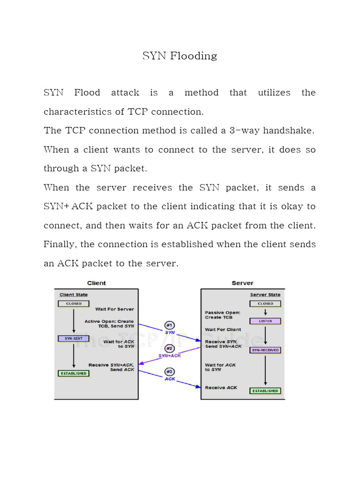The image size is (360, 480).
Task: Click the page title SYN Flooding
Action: (180, 56)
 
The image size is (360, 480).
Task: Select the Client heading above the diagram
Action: (97, 283)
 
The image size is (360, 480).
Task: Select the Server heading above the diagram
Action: (242, 283)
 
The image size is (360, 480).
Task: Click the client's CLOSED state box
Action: (74, 303)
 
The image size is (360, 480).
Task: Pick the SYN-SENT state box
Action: (74, 338)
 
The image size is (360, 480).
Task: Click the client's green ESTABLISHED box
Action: (74, 373)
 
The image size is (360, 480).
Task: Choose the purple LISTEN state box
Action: (265, 321)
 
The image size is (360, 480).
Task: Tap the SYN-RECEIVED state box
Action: (265, 350)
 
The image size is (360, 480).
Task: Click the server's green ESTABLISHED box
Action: (265, 390)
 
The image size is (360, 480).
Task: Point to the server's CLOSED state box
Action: (265, 304)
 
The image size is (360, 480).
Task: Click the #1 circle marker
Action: (169, 325)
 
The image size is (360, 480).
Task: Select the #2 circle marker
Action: (169, 349)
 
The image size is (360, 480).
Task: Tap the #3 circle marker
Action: (169, 372)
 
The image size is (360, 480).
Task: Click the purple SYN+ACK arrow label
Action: (169, 356)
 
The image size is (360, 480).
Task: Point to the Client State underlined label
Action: (74, 295)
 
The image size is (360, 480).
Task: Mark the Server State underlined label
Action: (265, 295)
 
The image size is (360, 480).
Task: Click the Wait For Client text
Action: (223, 330)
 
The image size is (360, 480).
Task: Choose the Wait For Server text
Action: (114, 309)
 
